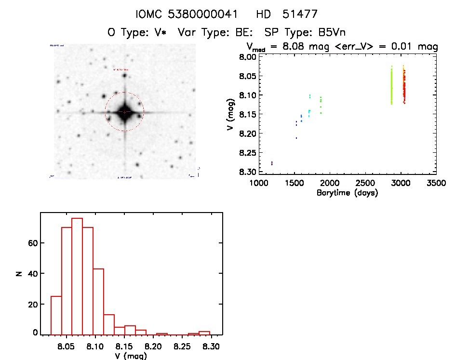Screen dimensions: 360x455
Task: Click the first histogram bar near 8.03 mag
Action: coord(56,315)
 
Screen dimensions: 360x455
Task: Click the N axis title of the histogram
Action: coord(18,273)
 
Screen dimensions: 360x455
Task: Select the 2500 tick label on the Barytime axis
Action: coord(365,184)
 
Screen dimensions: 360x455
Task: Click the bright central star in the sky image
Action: coord(124,112)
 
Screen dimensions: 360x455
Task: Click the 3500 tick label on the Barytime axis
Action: coord(436,184)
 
